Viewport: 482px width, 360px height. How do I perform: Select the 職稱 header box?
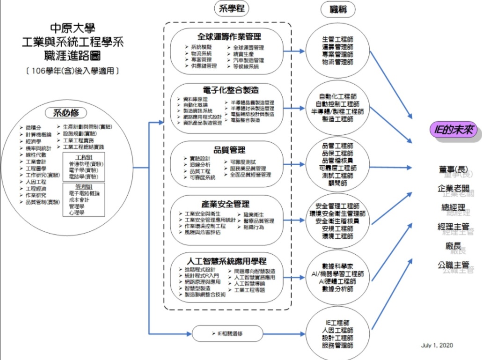pos(338,9)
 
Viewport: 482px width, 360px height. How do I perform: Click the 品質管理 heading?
pos(229,150)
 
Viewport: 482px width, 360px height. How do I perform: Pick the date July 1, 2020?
pos(437,345)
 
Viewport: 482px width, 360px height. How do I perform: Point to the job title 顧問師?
pos(337,183)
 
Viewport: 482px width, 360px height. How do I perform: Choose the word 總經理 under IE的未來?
pos(453,207)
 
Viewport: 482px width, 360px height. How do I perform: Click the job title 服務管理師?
pos(337,345)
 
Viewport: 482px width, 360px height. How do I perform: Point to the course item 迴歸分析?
pos(200,165)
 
